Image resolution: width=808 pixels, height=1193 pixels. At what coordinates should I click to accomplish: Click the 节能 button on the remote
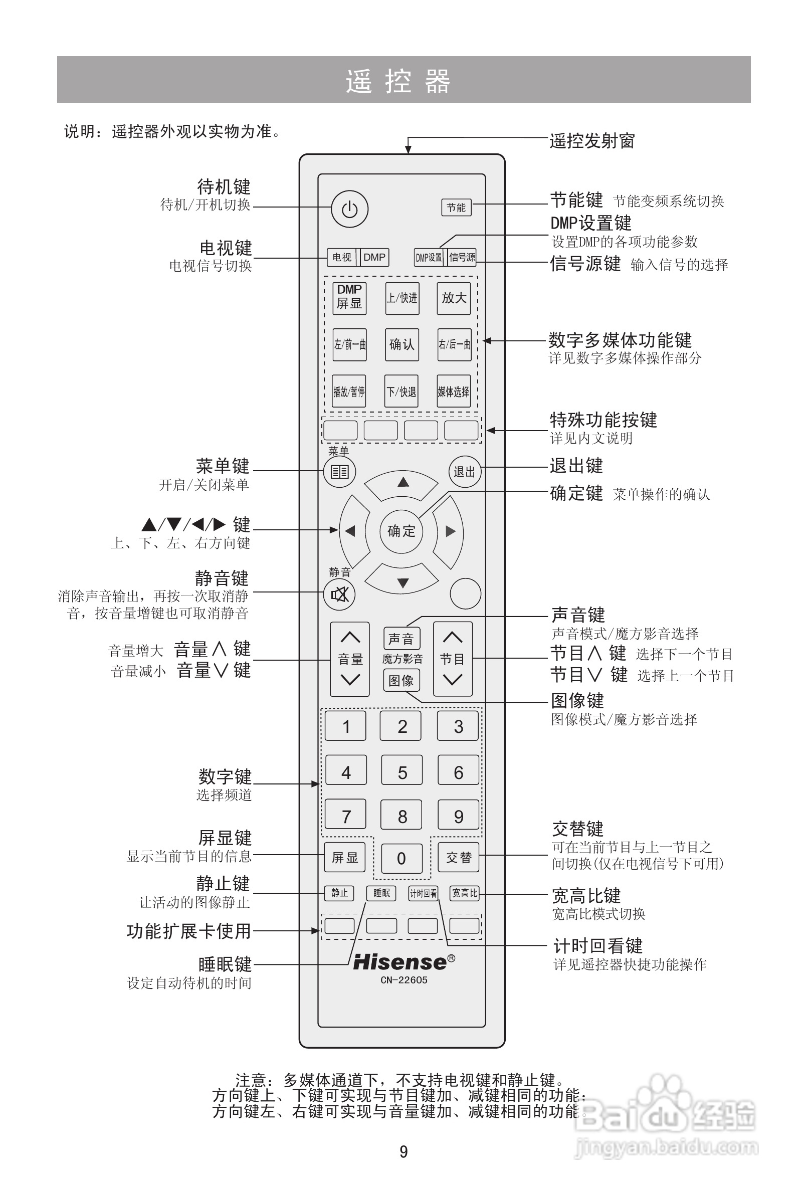[456, 208]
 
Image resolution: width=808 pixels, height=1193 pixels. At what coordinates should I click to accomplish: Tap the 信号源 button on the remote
[462, 257]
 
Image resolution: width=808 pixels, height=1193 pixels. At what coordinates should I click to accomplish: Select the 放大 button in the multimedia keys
[454, 298]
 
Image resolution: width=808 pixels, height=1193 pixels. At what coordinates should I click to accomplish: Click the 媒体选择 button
[453, 391]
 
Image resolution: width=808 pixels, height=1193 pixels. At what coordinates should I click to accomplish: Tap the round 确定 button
[401, 531]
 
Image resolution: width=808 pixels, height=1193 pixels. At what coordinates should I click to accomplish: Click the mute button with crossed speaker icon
[339, 594]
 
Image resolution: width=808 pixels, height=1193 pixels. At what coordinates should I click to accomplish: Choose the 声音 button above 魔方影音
[401, 639]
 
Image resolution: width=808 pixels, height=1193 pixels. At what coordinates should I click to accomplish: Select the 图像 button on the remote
[401, 680]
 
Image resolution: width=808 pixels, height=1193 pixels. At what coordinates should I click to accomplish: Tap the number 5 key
[402, 772]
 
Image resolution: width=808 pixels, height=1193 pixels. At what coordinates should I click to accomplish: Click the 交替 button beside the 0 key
[459, 857]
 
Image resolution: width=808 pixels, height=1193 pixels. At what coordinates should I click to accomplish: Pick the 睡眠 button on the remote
[381, 893]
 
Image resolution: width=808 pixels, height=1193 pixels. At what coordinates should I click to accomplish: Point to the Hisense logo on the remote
[403, 962]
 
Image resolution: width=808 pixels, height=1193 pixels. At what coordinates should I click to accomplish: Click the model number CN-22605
[404, 980]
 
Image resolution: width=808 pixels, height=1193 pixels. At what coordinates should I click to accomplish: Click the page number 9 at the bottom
[403, 1151]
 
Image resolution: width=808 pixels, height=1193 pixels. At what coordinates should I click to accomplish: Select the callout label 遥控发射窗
[592, 141]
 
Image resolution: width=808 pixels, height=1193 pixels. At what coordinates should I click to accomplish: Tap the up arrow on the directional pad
[403, 482]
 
